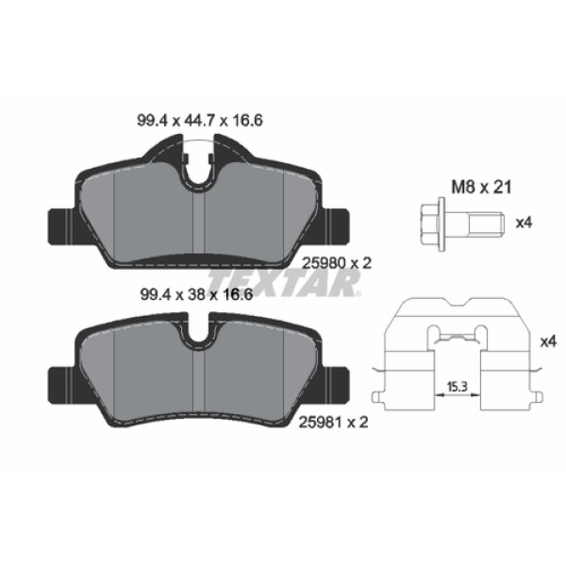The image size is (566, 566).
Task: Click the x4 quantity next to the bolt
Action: pyautogui.click(x=524, y=224)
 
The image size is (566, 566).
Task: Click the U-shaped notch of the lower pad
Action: pyautogui.click(x=199, y=333)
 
